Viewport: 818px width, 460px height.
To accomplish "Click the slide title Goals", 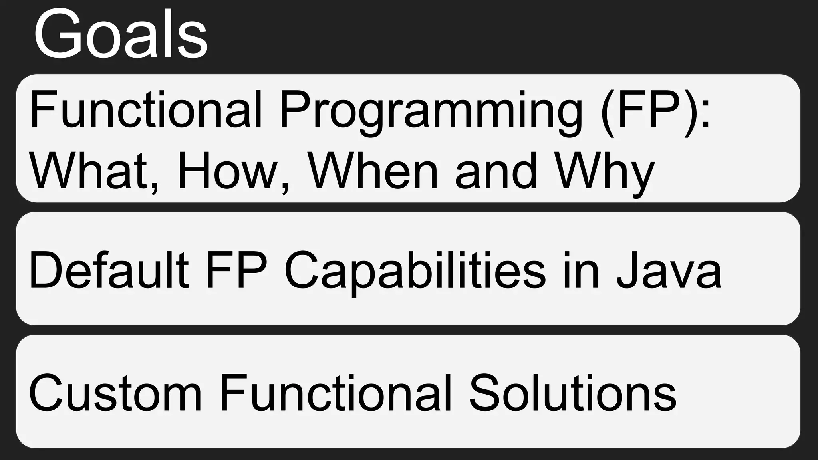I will [120, 35].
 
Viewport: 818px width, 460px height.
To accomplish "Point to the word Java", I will [669, 270].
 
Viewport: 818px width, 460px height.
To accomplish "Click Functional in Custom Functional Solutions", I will [336, 393].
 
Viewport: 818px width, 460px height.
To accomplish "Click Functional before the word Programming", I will [145, 110].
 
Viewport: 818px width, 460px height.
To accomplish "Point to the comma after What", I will [155, 188].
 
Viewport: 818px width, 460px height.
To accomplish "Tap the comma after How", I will [284, 188].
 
